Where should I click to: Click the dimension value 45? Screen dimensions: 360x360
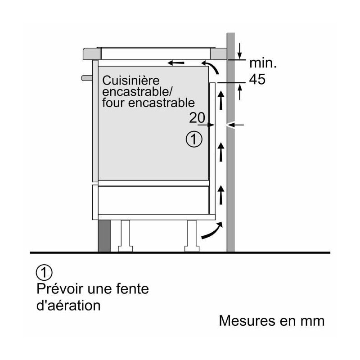(257, 80)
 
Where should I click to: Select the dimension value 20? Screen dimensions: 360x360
(197, 118)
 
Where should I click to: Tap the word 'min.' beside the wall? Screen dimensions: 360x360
(263, 63)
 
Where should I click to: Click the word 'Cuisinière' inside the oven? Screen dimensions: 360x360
(130, 81)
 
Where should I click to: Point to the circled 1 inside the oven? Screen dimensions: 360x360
(194, 139)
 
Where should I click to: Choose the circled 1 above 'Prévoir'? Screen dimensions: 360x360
(44, 273)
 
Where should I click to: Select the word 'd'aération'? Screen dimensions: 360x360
(68, 306)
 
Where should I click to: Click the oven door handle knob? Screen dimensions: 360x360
(87, 78)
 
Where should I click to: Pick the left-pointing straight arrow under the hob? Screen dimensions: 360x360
(176, 63)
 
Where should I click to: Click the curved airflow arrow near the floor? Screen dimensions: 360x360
(212, 230)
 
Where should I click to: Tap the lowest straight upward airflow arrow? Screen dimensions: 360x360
(221, 195)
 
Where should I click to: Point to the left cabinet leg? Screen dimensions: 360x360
(126, 236)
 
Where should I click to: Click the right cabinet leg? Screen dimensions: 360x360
(192, 236)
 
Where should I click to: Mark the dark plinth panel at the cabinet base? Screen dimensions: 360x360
(104, 236)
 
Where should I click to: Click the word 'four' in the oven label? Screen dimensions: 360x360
(113, 103)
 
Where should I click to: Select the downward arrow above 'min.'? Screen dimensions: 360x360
(239, 51)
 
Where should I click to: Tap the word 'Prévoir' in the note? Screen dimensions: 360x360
(59, 288)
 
